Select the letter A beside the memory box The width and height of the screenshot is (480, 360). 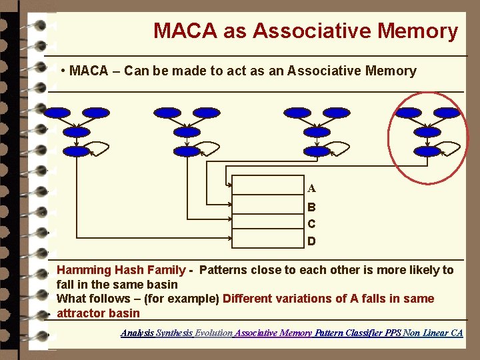[311, 189]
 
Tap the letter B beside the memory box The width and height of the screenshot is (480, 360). [311, 207]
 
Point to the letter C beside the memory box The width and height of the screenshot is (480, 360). [311, 224]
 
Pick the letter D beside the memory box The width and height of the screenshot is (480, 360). [311, 241]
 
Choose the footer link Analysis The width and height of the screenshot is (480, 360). [137, 332]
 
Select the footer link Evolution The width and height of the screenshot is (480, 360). [213, 332]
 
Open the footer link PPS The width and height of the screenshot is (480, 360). [393, 332]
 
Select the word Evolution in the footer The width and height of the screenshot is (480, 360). [213, 332]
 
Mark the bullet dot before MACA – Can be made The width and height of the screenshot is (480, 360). [62, 71]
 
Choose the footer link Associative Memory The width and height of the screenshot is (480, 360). [273, 332]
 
